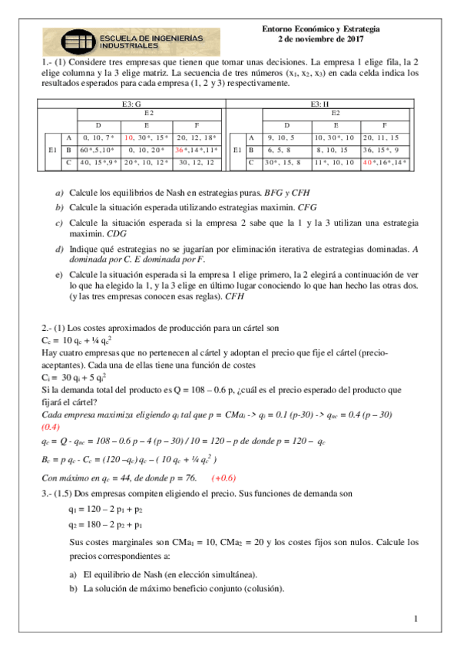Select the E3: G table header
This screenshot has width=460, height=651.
click(x=133, y=103)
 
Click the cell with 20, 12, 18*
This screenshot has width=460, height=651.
click(x=198, y=137)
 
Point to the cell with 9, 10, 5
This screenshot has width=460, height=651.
click(x=286, y=137)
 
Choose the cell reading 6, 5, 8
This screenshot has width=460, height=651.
click(x=286, y=150)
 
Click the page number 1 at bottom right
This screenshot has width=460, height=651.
click(x=415, y=619)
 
